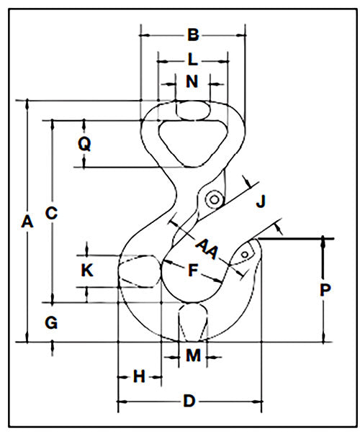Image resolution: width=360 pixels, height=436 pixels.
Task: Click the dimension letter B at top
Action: [193, 35]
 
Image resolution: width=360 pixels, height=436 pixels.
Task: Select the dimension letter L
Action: [192, 59]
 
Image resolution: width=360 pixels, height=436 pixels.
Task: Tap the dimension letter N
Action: [192, 81]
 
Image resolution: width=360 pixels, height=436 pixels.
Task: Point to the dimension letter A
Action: [27, 222]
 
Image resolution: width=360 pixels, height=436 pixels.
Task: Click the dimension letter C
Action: [51, 213]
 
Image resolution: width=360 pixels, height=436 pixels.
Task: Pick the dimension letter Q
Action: [84, 144]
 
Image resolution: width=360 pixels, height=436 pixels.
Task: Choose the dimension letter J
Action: [261, 201]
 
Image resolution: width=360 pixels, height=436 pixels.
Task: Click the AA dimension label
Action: [207, 248]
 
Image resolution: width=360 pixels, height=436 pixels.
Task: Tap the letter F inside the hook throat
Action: [193, 270]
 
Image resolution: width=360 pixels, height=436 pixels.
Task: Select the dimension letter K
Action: [87, 270]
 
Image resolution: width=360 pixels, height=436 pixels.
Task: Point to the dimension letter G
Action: [51, 322]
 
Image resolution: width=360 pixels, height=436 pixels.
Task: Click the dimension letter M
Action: [193, 355]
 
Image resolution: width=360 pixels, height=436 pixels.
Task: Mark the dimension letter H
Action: [139, 377]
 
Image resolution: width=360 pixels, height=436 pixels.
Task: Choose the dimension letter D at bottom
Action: [189, 401]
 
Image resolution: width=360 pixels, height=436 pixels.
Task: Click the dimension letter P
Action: [325, 290]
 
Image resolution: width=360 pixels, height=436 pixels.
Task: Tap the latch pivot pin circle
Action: [214, 199]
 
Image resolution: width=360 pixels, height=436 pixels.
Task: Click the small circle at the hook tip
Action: [245, 254]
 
